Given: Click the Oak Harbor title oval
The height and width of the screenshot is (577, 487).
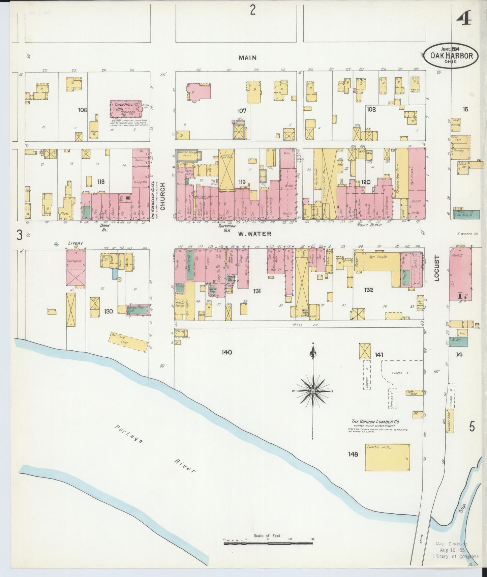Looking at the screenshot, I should point(451,55).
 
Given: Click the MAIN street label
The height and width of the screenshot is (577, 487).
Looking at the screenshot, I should point(247,58).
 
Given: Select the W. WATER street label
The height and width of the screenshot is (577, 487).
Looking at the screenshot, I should point(254,233).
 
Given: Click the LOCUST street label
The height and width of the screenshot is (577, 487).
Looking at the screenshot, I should point(437,268).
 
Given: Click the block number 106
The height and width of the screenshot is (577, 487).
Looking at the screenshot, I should point(83,110).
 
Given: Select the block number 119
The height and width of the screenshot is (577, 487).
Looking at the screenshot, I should point(242,182).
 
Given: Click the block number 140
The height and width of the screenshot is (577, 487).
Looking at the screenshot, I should point(227,352).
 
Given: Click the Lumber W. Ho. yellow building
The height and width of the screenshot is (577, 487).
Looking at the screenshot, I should point(388,457).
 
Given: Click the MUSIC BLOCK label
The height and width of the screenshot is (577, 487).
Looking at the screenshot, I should point(369,224).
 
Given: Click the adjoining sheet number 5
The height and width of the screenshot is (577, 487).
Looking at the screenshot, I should point(472,427).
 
